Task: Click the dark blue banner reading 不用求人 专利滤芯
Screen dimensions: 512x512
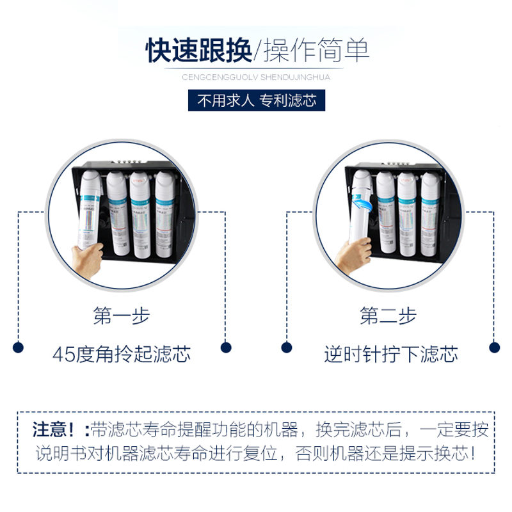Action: pyautogui.click(x=256, y=100)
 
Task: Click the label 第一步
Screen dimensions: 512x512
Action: pyautogui.click(x=122, y=316)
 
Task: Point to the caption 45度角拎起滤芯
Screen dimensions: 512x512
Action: pyautogui.click(x=122, y=354)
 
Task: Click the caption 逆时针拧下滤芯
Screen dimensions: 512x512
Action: pyautogui.click(x=390, y=354)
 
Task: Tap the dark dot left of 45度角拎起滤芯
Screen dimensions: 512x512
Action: pyautogui.click(x=19, y=348)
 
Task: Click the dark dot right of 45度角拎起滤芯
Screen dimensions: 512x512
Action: pyautogui.click(x=225, y=348)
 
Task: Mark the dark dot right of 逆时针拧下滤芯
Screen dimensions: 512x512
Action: pyautogui.click(x=494, y=348)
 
